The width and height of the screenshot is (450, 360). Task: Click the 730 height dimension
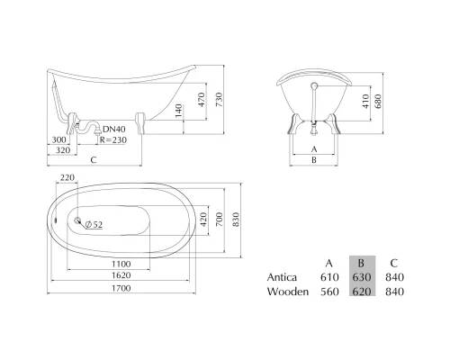click(x=220, y=99)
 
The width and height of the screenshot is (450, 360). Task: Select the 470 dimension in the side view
click(x=202, y=99)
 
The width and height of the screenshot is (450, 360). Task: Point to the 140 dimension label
click(x=178, y=111)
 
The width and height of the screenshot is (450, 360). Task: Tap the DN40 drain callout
click(x=114, y=130)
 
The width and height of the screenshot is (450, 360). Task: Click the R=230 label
click(x=113, y=140)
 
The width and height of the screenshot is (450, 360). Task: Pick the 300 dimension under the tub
click(x=58, y=139)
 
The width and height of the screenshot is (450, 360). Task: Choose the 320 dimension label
click(x=63, y=150)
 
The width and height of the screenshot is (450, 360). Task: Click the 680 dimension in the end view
click(x=378, y=101)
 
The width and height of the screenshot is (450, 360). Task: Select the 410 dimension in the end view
click(x=365, y=101)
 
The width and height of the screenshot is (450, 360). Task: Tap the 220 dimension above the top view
click(x=67, y=177)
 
